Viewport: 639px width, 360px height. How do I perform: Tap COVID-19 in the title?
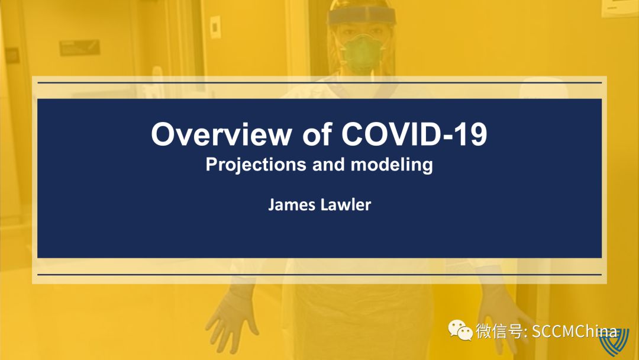(x=414, y=134)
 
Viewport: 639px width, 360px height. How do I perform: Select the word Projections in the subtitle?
(x=256, y=165)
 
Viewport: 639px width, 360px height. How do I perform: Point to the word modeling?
(x=392, y=165)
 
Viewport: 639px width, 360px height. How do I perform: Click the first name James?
(x=292, y=205)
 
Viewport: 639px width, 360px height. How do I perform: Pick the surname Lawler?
(x=346, y=205)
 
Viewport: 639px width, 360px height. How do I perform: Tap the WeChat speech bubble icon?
(x=460, y=330)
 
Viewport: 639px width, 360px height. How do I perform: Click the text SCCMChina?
(x=575, y=331)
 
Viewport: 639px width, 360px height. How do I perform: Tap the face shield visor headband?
(x=362, y=17)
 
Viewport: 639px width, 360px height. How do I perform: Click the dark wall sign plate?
(x=79, y=47)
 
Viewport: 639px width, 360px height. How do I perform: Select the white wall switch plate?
(x=215, y=27)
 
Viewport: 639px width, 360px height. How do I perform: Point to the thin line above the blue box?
(x=319, y=83)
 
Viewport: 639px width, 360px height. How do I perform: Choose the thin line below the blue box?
(x=319, y=274)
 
